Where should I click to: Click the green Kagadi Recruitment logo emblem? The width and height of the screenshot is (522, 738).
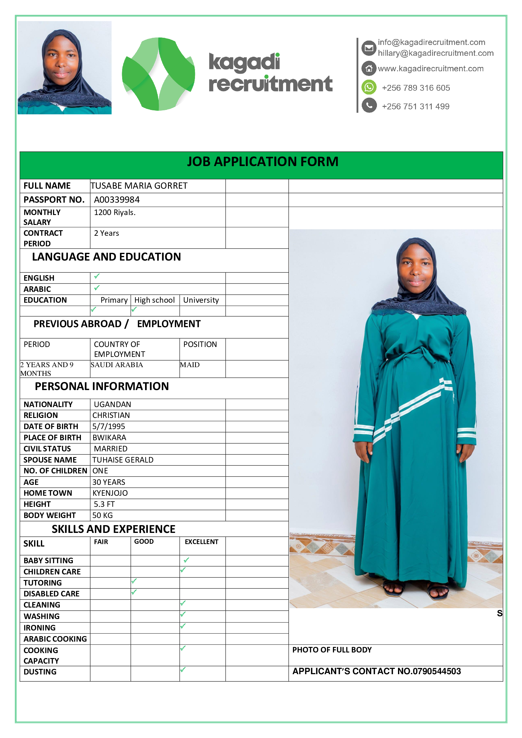(158, 74)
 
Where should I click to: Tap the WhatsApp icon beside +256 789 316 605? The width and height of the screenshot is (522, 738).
(369, 87)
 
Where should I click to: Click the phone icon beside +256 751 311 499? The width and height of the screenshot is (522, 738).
(369, 105)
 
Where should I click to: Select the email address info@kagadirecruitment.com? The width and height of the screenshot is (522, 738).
(431, 42)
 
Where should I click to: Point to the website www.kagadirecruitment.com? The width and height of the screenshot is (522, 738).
(430, 68)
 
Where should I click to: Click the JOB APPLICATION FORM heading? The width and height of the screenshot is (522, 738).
(263, 162)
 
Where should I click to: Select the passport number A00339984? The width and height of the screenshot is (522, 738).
(117, 200)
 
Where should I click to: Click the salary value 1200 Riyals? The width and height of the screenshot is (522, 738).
(114, 213)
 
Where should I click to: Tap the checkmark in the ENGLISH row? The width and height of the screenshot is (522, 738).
(97, 276)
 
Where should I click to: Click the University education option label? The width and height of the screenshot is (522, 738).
(201, 300)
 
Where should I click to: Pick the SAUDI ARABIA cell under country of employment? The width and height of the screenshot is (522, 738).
(117, 365)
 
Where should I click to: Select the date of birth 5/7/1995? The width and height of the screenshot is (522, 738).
(109, 427)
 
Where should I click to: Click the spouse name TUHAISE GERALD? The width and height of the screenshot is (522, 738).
(123, 460)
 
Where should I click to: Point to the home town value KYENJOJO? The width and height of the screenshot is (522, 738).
(110, 493)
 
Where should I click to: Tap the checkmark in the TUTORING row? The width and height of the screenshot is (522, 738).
(134, 581)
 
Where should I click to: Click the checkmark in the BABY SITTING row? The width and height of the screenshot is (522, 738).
(186, 560)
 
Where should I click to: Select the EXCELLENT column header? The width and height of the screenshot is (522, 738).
(201, 542)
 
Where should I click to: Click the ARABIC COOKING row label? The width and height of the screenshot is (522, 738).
(55, 639)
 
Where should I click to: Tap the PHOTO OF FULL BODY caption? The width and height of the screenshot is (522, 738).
(332, 650)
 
